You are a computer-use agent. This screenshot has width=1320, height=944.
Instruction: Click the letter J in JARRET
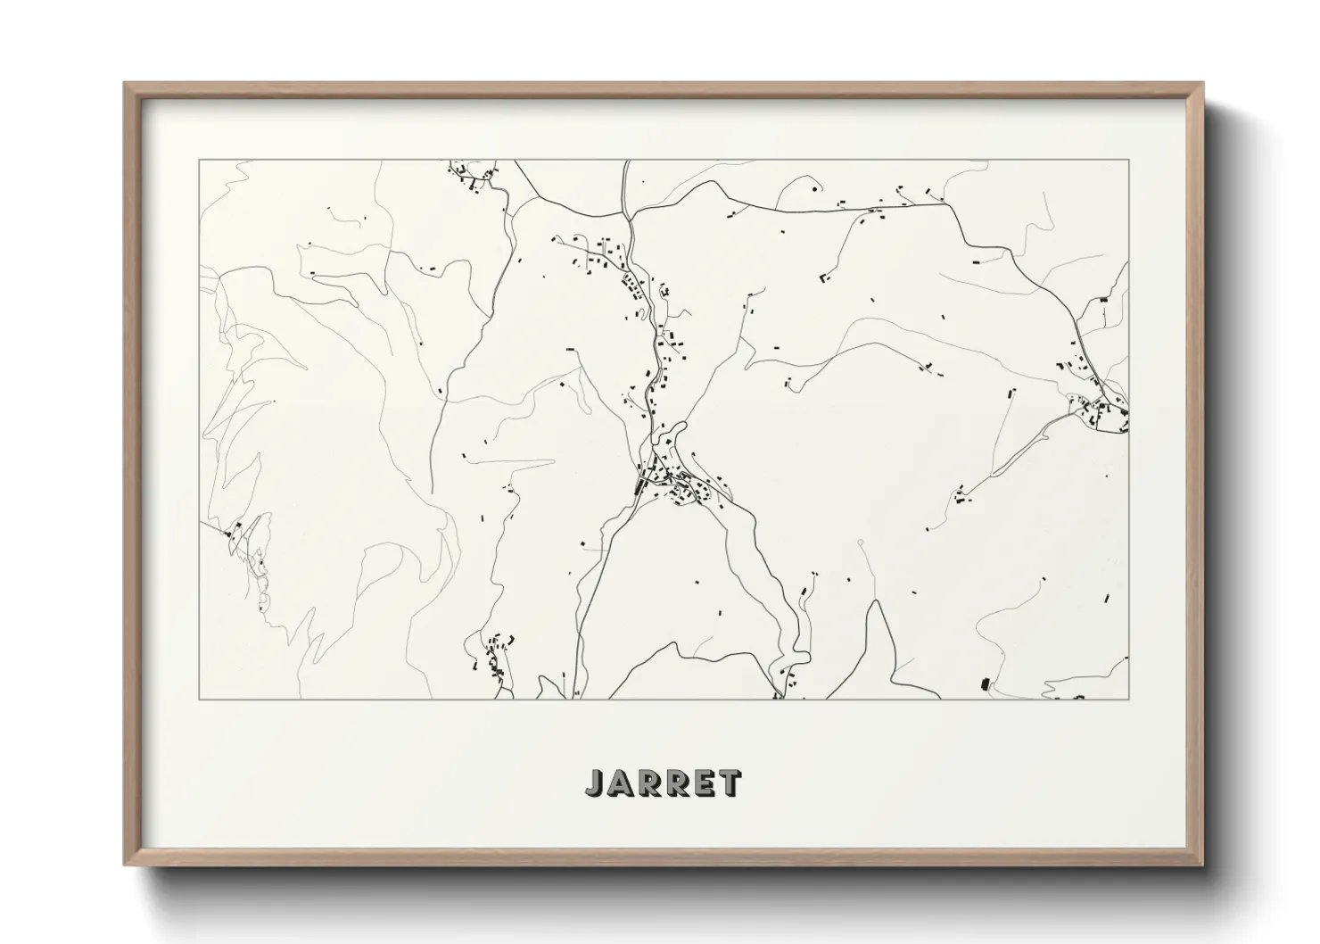595,783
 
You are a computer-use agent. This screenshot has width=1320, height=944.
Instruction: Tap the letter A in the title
620,783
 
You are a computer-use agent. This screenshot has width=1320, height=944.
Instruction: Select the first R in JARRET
648,783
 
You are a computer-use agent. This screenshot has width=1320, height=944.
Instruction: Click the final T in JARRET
728,783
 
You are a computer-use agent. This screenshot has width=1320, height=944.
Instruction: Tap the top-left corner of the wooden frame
125,83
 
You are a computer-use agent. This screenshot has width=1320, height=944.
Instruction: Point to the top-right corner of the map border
1129,160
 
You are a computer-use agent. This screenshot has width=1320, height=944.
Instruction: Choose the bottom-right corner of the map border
1129,699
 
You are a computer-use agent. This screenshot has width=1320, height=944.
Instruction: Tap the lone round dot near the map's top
814,188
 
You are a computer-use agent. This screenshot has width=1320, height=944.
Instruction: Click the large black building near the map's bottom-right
986,684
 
